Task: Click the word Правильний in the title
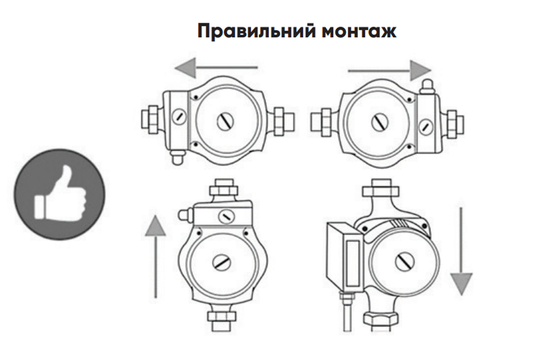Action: pos(256,31)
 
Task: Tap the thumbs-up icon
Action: pos(59,194)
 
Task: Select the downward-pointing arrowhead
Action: pos(462,284)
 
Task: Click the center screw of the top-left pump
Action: pos(225,121)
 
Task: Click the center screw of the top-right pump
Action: pos(380,122)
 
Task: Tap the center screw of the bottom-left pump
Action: pos(221,263)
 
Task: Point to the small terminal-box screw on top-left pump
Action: pos(179,117)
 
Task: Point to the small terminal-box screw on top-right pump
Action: pos(426,126)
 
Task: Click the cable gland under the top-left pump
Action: pos(178,158)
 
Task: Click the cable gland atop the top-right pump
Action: pos(427,86)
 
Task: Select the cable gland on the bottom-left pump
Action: pos(186,215)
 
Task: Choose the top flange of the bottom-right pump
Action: pos(380,188)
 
